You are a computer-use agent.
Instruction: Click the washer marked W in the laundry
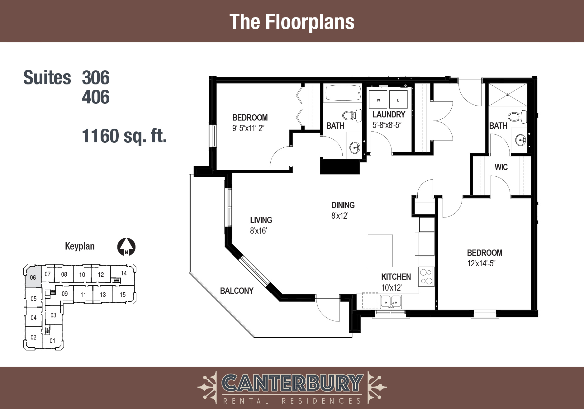point(378,100)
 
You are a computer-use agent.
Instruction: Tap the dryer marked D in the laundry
point(398,100)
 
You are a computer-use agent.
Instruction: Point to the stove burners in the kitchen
point(426,276)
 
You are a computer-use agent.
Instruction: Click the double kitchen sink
point(391,302)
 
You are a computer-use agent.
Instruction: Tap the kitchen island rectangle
point(380,251)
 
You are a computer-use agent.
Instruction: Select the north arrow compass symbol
point(126,247)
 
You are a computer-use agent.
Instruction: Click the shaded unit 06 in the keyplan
point(33,277)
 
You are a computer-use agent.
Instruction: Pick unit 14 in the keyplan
point(124,273)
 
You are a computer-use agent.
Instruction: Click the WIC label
point(501,167)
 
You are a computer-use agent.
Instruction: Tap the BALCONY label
point(237,291)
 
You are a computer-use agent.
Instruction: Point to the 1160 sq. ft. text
point(124,136)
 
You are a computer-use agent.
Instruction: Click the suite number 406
point(96,97)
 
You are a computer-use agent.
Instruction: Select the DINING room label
point(343,205)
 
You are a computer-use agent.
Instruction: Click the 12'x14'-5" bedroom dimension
point(481,264)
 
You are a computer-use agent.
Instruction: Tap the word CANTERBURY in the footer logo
point(292,383)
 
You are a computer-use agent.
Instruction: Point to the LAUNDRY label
point(389,114)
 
